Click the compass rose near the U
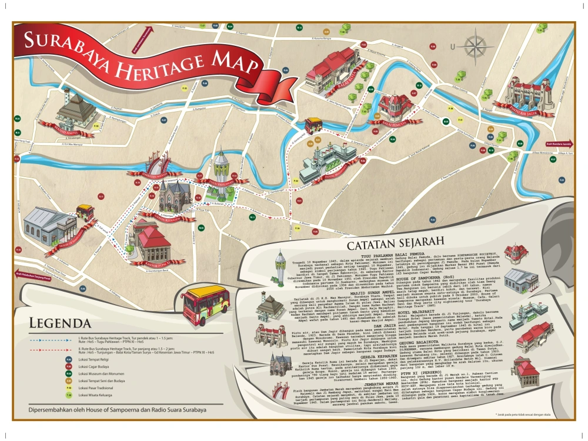pyautogui.click(x=472, y=45)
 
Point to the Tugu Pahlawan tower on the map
pyautogui.click(x=221, y=171)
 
